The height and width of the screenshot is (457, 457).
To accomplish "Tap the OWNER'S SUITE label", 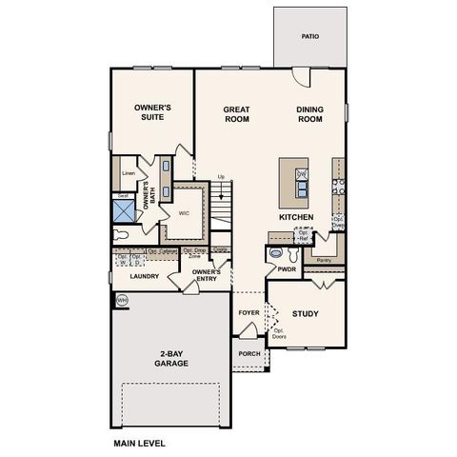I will point(152,114).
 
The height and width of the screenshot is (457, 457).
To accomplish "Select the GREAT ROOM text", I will point(236,114).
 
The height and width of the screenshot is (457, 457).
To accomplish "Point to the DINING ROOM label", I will point(310,114).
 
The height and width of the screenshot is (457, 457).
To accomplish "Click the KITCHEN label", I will point(296,217).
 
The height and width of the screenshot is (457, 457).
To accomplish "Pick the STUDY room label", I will point(305,313).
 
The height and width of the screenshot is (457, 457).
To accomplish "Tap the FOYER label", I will point(248,312).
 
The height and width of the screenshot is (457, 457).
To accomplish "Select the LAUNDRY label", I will point(145,277).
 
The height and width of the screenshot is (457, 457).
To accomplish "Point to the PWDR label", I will point(288,269).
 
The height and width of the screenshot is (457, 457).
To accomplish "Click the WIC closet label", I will point(185,213).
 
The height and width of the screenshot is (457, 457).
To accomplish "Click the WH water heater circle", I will point(121,300).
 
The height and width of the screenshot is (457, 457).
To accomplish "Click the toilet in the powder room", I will point(276,253).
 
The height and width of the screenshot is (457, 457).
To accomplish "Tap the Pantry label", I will point(323,258).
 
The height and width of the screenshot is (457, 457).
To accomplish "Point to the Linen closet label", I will point(129,174).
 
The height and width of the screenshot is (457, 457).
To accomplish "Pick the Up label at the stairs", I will point(222,177).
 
